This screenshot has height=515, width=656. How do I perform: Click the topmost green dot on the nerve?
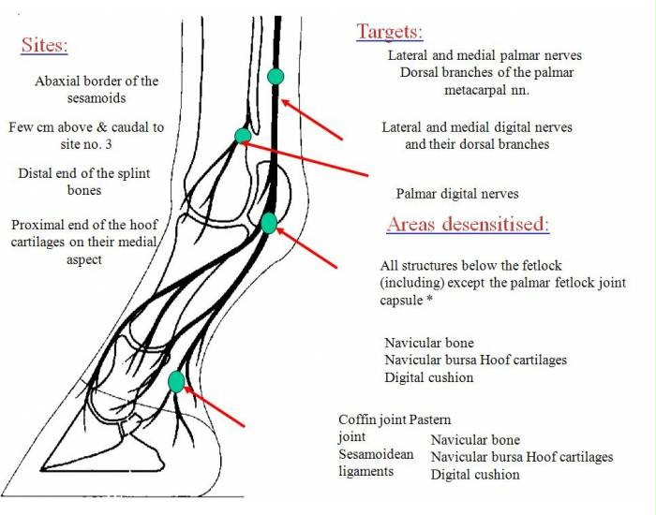(275, 76)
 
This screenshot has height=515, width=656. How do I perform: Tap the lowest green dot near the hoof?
(175, 381)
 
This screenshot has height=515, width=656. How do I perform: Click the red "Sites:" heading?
(44, 46)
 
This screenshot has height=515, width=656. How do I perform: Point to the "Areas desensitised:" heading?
(468, 225)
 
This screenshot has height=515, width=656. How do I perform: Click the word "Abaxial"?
(60, 81)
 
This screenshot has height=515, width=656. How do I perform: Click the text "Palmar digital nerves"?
(457, 194)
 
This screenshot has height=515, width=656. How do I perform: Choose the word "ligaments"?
(366, 471)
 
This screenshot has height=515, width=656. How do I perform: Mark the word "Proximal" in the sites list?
(37, 225)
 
